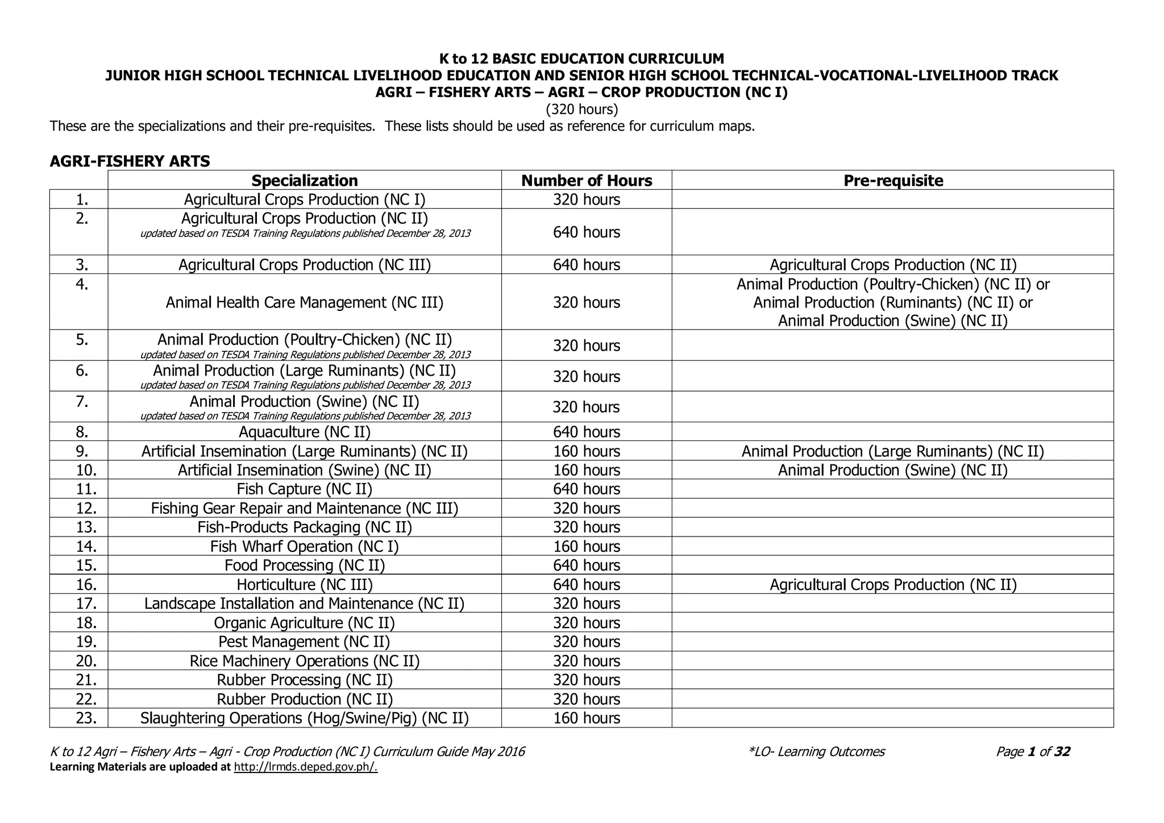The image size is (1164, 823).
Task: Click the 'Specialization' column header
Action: pos(305,181)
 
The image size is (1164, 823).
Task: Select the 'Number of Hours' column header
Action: pos(587,181)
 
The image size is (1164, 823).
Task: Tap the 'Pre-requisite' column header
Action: pos(893,181)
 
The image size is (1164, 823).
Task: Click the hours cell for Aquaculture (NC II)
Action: pos(587,432)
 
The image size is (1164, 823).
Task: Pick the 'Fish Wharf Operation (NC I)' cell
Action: pos(305,547)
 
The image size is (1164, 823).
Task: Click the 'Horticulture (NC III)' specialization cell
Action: pos(305,585)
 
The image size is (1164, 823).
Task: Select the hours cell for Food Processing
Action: pos(587,566)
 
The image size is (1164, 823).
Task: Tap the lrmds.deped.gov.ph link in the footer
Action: pos(306,767)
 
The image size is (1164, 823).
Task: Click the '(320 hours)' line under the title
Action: pos(582,109)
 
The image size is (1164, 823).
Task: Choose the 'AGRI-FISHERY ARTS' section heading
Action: pos(130,161)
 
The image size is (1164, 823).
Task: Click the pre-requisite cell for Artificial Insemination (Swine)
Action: pos(893,471)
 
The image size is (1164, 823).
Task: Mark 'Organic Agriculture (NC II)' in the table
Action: pos(305,623)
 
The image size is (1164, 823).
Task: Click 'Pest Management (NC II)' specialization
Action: pos(305,642)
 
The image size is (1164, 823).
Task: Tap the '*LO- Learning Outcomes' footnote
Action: pos(817,752)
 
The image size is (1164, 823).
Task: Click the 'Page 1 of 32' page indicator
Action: pos(1033,752)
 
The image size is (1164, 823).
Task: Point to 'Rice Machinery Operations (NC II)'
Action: pos(305,662)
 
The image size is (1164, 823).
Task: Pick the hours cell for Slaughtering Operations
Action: pos(587,718)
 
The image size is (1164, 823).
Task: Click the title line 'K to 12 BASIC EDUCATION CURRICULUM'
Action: pos(582,59)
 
